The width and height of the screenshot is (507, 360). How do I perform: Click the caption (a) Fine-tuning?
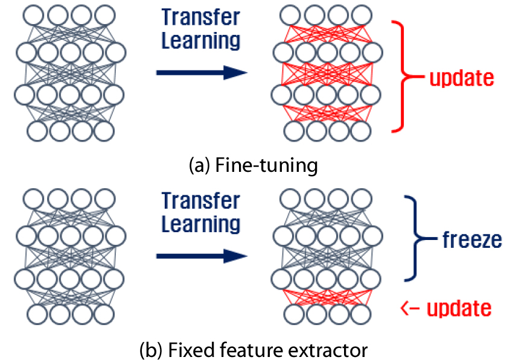[250, 165]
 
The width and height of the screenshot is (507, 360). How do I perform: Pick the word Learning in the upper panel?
[201, 41]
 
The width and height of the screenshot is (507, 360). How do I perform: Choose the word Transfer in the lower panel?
[201, 201]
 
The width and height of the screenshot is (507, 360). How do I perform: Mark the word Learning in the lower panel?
[201, 224]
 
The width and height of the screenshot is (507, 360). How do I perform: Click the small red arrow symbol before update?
[410, 309]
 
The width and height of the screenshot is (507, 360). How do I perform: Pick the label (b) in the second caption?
[150, 348]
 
